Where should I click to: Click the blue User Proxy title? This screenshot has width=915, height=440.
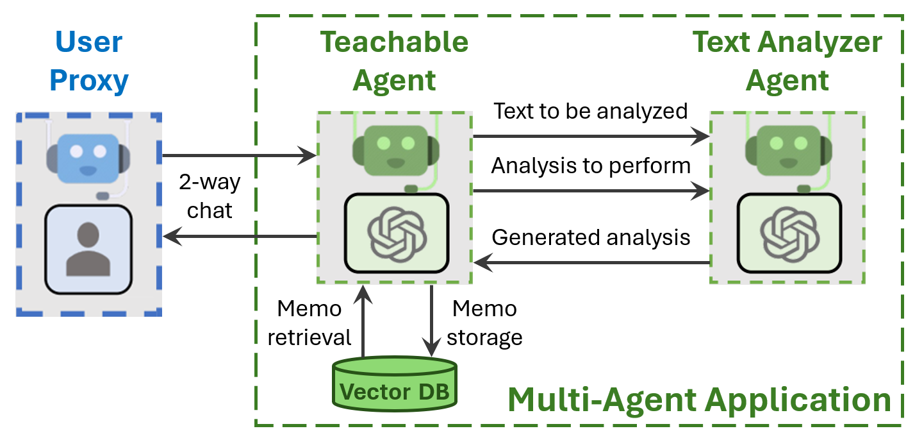(89, 62)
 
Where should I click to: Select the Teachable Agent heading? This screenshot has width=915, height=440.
(394, 62)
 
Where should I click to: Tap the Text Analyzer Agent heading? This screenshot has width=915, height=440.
(787, 62)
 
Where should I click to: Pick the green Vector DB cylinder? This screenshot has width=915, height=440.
(395, 384)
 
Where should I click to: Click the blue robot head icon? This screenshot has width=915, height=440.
(88, 156)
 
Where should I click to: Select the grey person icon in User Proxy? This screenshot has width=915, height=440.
(88, 250)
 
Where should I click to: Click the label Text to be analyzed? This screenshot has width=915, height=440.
(590, 112)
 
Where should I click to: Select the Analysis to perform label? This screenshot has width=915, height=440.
(591, 166)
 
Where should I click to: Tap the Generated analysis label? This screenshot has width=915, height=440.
(591, 237)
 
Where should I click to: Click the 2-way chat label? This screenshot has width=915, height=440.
(210, 196)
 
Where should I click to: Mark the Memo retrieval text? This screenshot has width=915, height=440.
(309, 323)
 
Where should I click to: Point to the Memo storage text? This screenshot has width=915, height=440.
(484, 323)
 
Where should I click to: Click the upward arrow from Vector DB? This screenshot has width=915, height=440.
(364, 321)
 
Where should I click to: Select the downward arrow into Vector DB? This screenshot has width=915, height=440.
(432, 321)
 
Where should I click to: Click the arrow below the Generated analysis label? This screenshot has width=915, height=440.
(591, 262)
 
